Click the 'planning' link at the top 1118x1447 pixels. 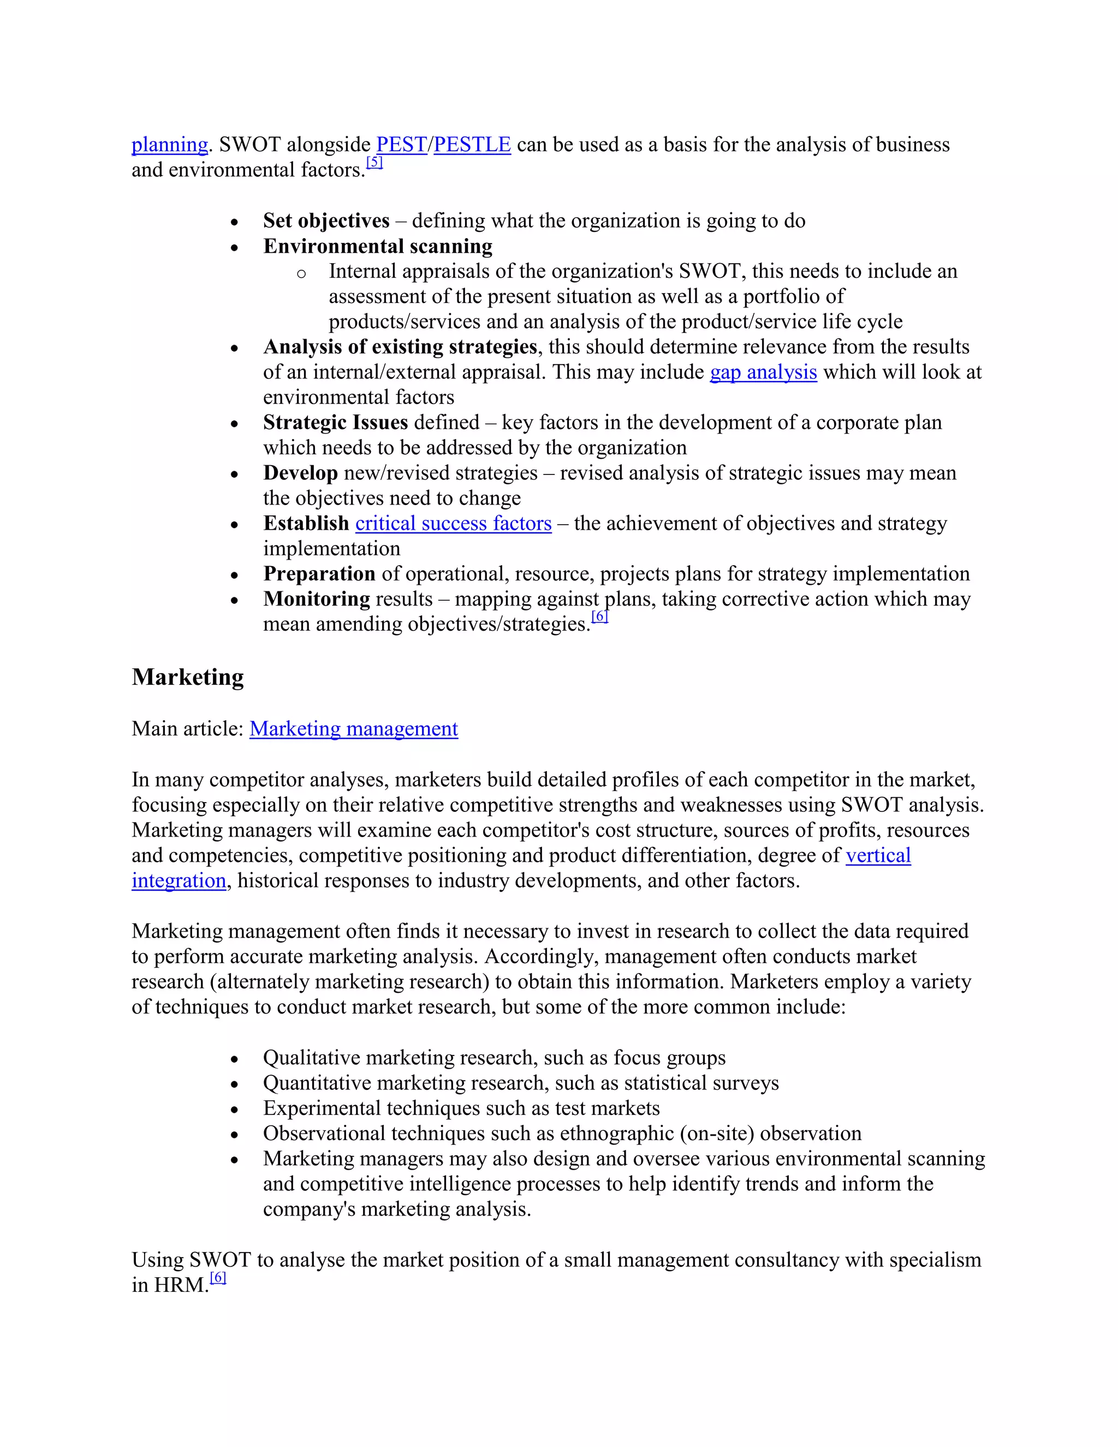tap(170, 145)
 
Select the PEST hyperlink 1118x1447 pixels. tap(401, 145)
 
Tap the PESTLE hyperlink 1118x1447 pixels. tap(472, 145)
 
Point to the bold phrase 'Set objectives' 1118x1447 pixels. tap(326, 221)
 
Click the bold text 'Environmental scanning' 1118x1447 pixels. tap(378, 246)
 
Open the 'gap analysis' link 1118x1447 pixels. tap(763, 372)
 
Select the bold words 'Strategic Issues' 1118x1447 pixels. tap(335, 423)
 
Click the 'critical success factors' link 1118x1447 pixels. tap(453, 524)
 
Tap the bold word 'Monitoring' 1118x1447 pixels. tap(317, 599)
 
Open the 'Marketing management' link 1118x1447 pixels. tap(354, 729)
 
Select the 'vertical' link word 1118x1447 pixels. tap(878, 855)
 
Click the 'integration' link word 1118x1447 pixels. tap(179, 881)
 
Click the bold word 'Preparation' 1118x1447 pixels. tap(319, 574)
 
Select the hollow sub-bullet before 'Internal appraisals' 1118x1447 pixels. tap(301, 274)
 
